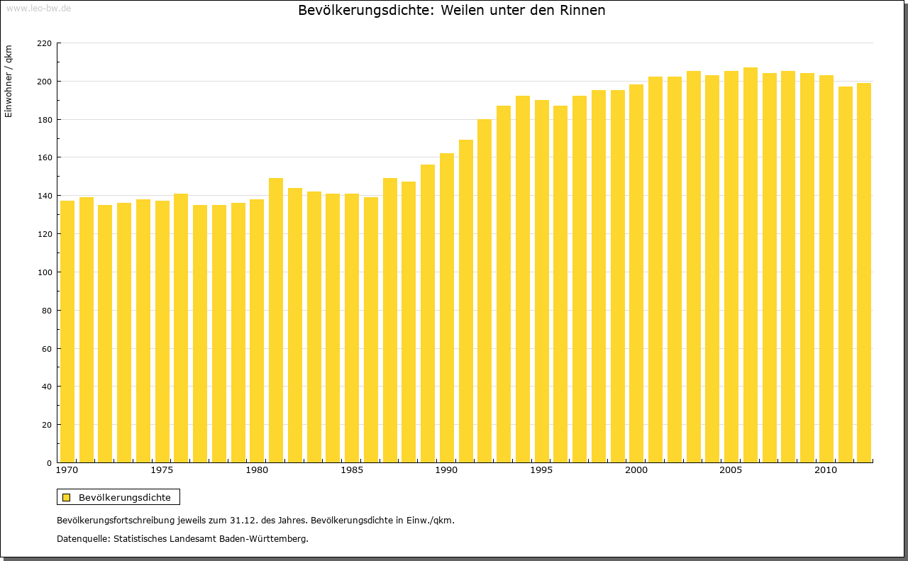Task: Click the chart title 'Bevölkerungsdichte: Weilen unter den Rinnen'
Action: point(451,11)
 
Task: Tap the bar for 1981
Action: point(276,320)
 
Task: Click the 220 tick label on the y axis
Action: point(44,43)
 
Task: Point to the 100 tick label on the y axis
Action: point(44,272)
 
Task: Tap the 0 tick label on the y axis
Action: point(49,463)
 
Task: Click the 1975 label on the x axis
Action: point(162,470)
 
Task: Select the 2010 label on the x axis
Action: point(826,470)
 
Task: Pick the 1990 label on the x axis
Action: point(447,470)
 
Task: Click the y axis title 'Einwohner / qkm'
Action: point(9,81)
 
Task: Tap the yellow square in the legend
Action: point(66,497)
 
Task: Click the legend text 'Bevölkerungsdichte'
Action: point(124,497)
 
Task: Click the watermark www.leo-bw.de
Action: point(38,8)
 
